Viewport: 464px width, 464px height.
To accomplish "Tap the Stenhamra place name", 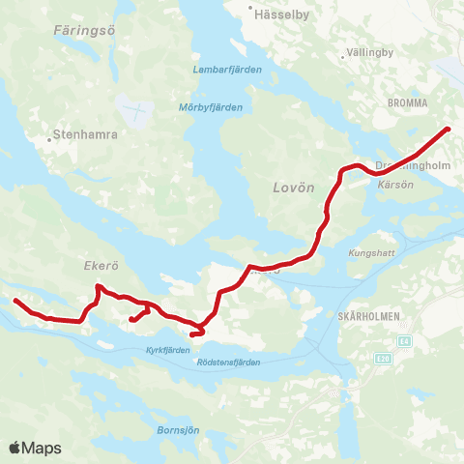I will coord(85,135).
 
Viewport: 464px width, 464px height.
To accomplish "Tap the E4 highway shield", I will coord(403,341).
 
